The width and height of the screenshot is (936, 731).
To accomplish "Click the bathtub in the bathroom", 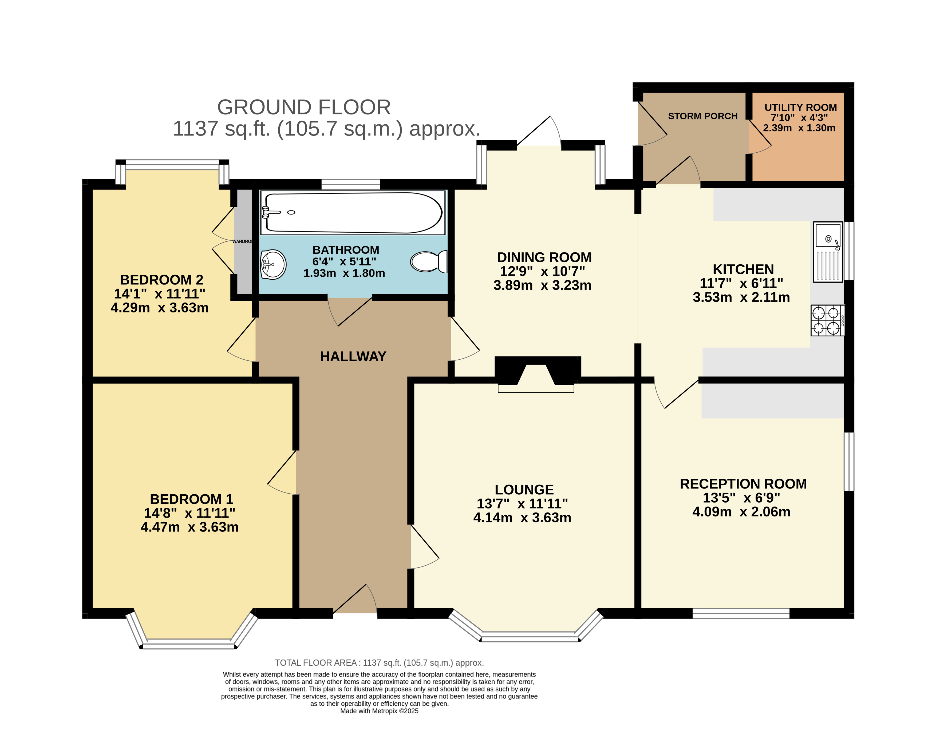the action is (353, 213).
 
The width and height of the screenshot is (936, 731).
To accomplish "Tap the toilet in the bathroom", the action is (429, 262).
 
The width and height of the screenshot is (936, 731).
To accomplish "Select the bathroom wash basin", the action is (273, 264).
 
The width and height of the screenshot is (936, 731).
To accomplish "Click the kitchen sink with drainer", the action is (828, 252).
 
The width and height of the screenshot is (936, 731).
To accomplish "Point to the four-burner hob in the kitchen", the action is (827, 320).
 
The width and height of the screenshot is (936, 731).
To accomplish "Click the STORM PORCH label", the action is (703, 116).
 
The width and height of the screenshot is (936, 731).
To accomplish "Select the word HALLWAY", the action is (353, 356).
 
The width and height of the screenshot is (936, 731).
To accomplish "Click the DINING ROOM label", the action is (544, 257).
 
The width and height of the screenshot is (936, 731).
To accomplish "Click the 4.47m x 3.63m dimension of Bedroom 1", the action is (189, 527).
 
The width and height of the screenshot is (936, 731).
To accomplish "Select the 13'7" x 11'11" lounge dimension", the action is (522, 503).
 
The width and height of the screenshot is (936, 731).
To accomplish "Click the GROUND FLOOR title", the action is (304, 107).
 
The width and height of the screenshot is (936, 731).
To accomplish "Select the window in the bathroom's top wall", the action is (351, 184).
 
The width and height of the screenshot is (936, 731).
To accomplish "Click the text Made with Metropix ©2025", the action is (379, 711).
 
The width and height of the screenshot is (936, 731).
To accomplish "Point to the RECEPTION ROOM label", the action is (743, 484).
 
